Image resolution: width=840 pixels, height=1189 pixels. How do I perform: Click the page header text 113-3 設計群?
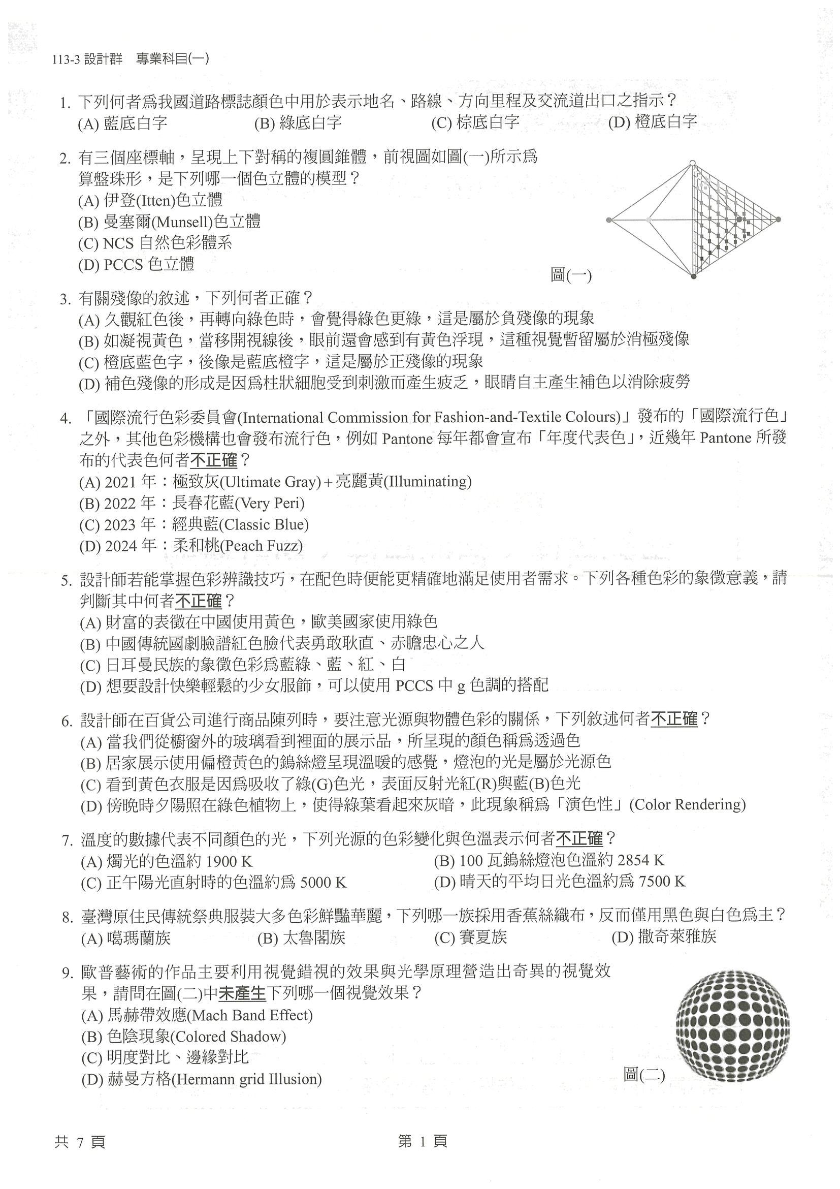[87, 59]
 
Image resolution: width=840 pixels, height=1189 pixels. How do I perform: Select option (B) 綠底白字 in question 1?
[298, 123]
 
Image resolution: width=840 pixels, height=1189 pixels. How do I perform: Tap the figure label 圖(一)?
[570, 275]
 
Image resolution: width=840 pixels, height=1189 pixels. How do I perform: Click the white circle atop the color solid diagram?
[693, 164]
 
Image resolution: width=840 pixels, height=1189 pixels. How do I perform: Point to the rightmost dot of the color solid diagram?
[778, 220]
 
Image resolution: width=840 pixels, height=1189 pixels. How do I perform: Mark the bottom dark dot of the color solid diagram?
[694, 276]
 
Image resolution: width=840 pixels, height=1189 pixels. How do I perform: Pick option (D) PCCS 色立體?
[136, 265]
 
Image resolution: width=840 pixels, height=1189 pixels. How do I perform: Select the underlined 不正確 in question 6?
[674, 719]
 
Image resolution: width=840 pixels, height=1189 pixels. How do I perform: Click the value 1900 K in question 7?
[229, 861]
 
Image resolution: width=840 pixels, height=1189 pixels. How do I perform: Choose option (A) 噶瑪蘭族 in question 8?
[126, 938]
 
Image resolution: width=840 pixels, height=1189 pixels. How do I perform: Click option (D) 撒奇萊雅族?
[664, 937]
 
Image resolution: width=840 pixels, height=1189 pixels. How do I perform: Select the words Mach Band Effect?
[251, 1015]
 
